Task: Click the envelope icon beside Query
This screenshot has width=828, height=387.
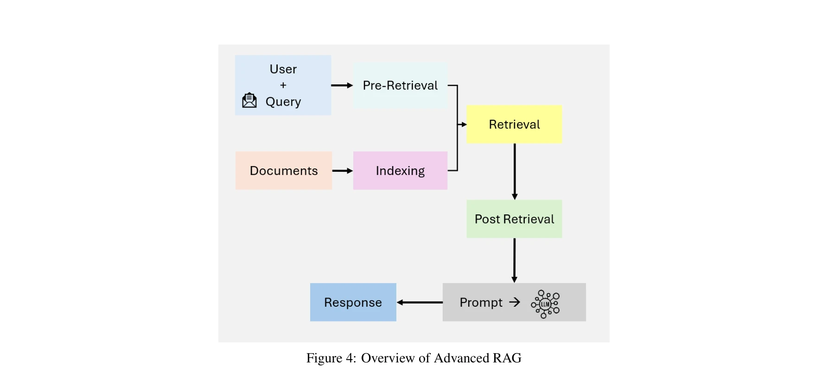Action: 249,100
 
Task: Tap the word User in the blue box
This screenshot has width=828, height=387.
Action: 283,69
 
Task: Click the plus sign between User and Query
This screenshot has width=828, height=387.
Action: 283,85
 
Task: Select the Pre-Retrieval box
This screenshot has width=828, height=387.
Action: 400,85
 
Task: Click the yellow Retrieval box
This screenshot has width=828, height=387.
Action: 514,124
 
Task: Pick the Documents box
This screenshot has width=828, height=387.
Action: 283,171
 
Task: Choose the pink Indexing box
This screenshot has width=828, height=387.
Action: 400,171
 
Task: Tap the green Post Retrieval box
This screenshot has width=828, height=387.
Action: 514,219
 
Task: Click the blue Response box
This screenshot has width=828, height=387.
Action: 353,303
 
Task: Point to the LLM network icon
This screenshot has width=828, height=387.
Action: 545,304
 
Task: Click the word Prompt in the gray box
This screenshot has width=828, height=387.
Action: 481,303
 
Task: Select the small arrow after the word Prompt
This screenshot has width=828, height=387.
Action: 515,303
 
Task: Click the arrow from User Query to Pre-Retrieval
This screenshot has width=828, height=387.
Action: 342,85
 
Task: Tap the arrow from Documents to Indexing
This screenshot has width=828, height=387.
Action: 343,171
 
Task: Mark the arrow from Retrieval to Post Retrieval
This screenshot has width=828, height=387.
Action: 515,172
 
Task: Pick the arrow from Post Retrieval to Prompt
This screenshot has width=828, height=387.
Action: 514,260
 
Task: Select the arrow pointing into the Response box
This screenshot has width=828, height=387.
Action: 420,303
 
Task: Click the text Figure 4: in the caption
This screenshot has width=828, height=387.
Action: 331,358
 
